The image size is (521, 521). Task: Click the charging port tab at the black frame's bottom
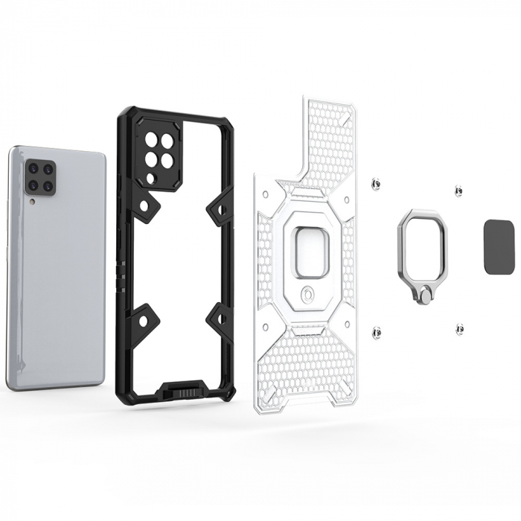[x=182, y=389]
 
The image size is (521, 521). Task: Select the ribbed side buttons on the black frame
[x=121, y=284]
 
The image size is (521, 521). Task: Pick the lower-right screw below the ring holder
[x=460, y=327]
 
